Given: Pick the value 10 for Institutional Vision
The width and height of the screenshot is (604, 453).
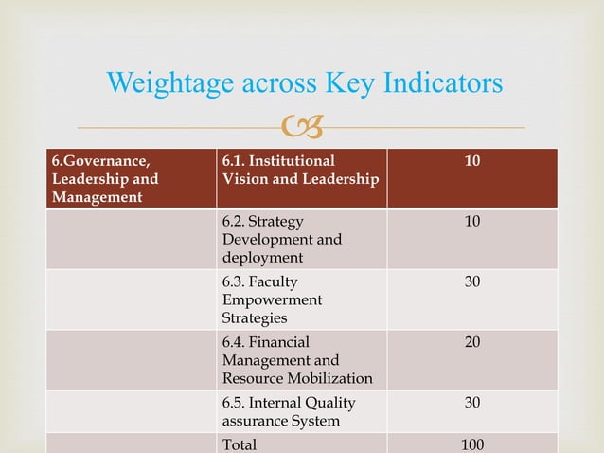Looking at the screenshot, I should click(x=471, y=162).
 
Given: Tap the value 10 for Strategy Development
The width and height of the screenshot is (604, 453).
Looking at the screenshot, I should click(x=471, y=222).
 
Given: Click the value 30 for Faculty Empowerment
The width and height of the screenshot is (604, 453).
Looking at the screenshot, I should click(x=471, y=282).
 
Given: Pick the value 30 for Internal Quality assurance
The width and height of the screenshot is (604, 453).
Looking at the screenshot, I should click(x=471, y=403).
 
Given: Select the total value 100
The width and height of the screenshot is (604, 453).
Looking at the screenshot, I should click(x=471, y=444).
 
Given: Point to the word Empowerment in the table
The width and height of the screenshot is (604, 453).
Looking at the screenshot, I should click(x=271, y=299).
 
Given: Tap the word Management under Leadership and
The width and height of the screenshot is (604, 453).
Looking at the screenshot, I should click(x=96, y=197).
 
